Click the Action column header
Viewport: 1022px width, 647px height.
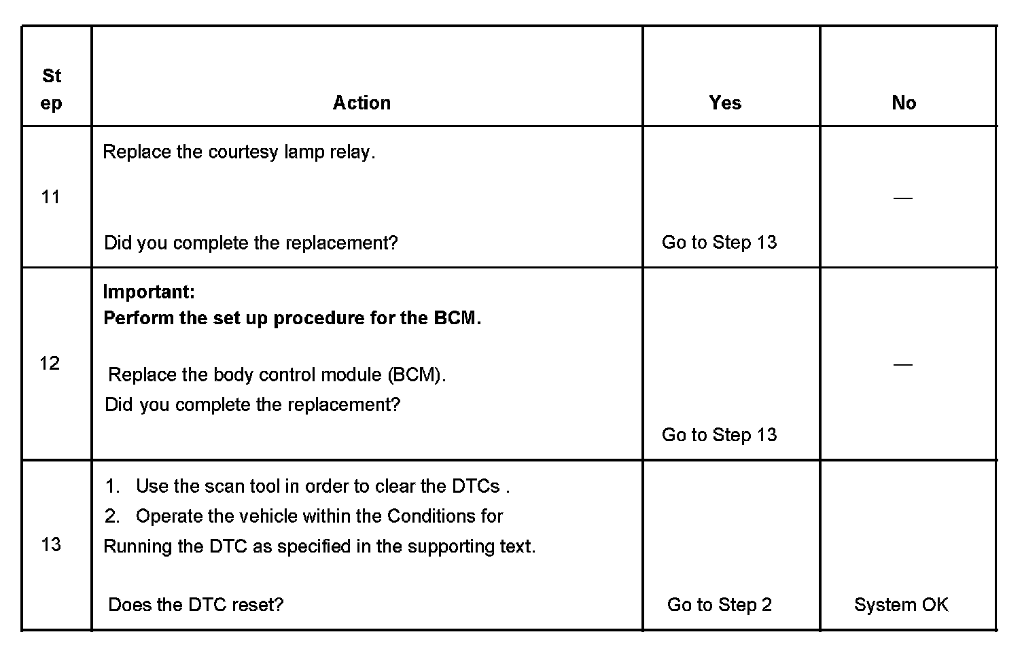click(x=362, y=103)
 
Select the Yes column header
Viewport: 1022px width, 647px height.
click(x=724, y=103)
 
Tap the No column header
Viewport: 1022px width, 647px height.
click(x=903, y=103)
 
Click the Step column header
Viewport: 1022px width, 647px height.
click(x=52, y=89)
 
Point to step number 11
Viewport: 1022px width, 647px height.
click(x=51, y=197)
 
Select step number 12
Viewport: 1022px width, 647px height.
click(x=50, y=363)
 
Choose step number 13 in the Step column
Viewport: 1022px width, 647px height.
click(x=51, y=544)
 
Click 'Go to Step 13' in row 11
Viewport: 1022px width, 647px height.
click(x=719, y=243)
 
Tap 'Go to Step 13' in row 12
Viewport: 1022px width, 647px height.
click(x=719, y=435)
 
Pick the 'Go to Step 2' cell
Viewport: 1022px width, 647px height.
click(x=719, y=605)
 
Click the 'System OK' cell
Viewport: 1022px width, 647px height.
click(x=900, y=605)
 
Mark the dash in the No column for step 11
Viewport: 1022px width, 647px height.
click(x=902, y=198)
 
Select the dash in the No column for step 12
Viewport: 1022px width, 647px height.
click(x=902, y=364)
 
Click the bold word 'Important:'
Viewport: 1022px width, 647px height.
click(x=149, y=292)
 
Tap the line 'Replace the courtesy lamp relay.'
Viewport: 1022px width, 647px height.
click(x=239, y=152)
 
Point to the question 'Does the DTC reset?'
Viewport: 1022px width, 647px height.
click(x=196, y=605)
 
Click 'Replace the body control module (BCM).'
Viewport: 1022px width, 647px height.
click(x=277, y=374)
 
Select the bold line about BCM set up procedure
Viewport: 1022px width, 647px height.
click(x=292, y=318)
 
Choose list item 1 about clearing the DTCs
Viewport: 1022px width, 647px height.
click(x=307, y=487)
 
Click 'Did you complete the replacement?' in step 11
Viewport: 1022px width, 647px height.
click(x=251, y=243)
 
